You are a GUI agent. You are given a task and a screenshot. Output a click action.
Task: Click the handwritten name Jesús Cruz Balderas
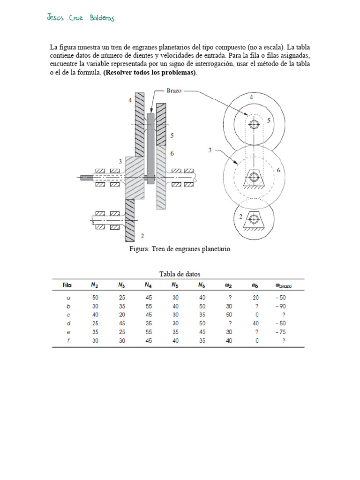(81, 18)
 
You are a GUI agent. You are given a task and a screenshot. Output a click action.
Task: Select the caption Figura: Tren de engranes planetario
(180, 249)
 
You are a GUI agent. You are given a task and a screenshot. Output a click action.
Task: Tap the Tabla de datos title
(180, 274)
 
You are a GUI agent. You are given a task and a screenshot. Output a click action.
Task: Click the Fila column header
(67, 285)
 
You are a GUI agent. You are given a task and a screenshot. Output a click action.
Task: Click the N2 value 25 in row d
(95, 323)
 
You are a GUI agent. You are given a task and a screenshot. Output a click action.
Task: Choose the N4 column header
(148, 285)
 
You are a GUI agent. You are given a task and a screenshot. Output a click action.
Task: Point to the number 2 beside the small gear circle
(241, 216)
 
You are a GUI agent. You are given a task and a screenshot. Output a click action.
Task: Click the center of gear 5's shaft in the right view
(254, 124)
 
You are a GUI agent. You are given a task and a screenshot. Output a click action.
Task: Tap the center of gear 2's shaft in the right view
(254, 218)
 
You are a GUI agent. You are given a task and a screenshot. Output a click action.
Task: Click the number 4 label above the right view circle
(252, 97)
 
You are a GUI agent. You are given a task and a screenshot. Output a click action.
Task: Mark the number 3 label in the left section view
(120, 161)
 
